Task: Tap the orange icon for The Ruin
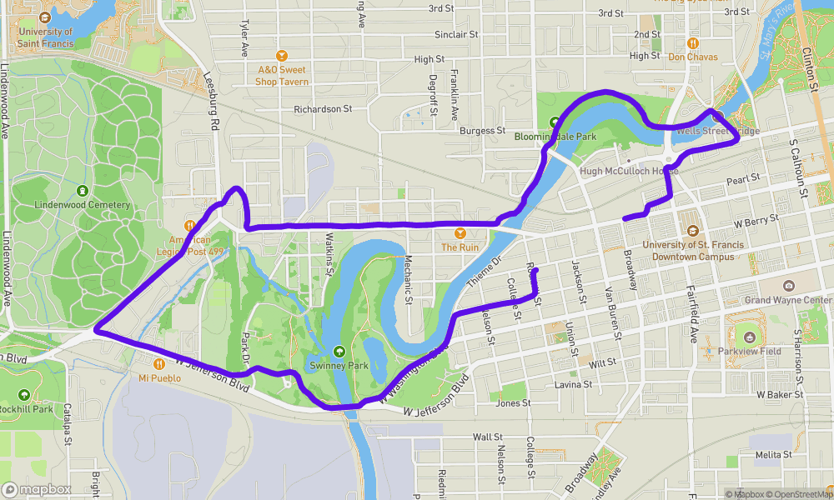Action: pyautogui.click(x=460, y=234)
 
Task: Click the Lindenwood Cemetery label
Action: pyautogui.click(x=83, y=205)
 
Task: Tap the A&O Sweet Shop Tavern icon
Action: pyautogui.click(x=282, y=54)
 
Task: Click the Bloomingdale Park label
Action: pyautogui.click(x=555, y=136)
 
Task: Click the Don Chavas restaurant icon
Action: pyautogui.click(x=692, y=42)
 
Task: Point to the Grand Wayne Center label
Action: pyautogui.click(x=788, y=300)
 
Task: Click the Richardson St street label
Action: pyautogui.click(x=323, y=109)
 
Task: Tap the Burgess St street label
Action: pyautogui.click(x=483, y=131)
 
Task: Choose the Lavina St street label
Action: pyautogui.click(x=573, y=385)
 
